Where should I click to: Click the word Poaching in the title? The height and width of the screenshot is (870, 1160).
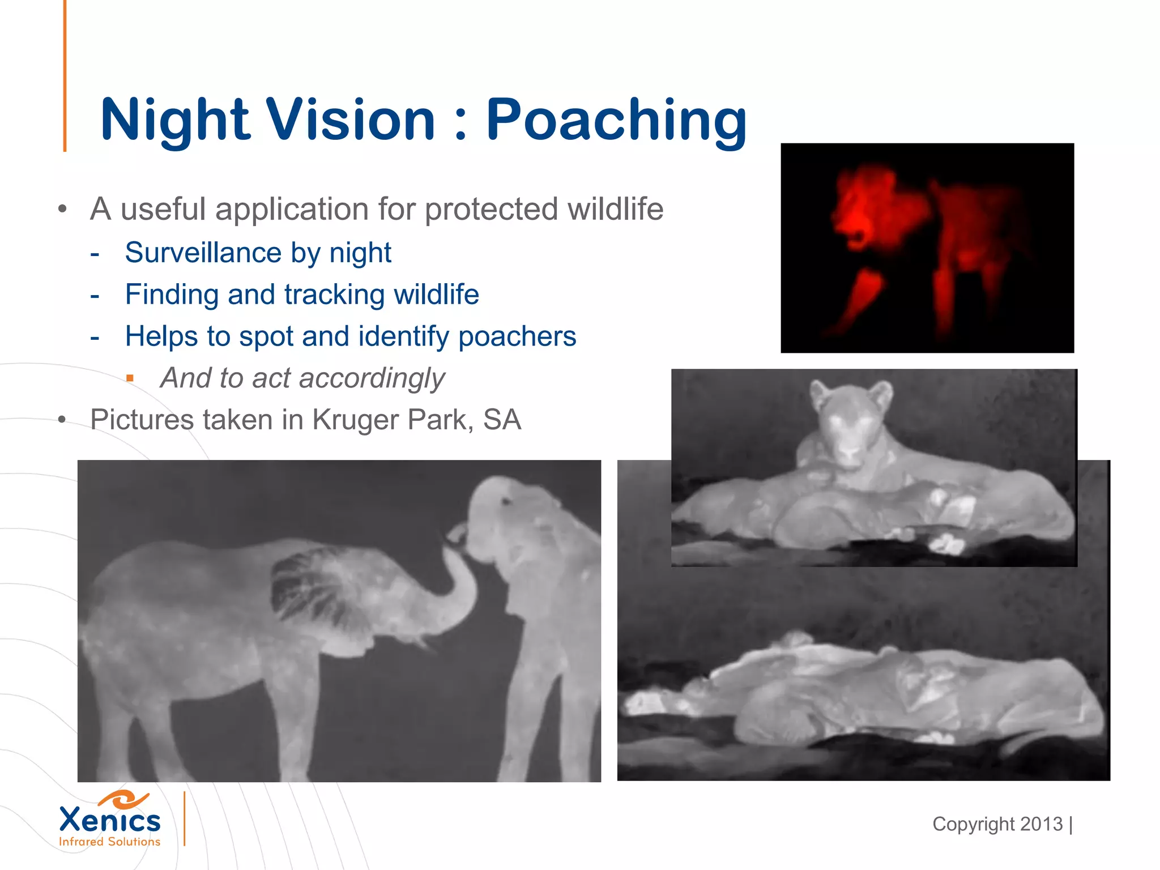616,120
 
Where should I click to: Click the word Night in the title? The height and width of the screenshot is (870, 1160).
175,120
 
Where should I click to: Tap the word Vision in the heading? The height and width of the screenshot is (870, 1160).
351,120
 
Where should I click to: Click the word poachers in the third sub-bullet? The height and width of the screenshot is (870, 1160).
517,336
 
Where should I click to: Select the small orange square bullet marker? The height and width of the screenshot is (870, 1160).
130,378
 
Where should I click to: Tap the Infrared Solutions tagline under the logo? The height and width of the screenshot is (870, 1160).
110,842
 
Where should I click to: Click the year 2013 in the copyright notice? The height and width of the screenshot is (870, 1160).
1041,824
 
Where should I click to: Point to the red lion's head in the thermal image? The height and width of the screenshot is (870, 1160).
867,210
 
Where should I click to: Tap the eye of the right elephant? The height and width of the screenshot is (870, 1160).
505,501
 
